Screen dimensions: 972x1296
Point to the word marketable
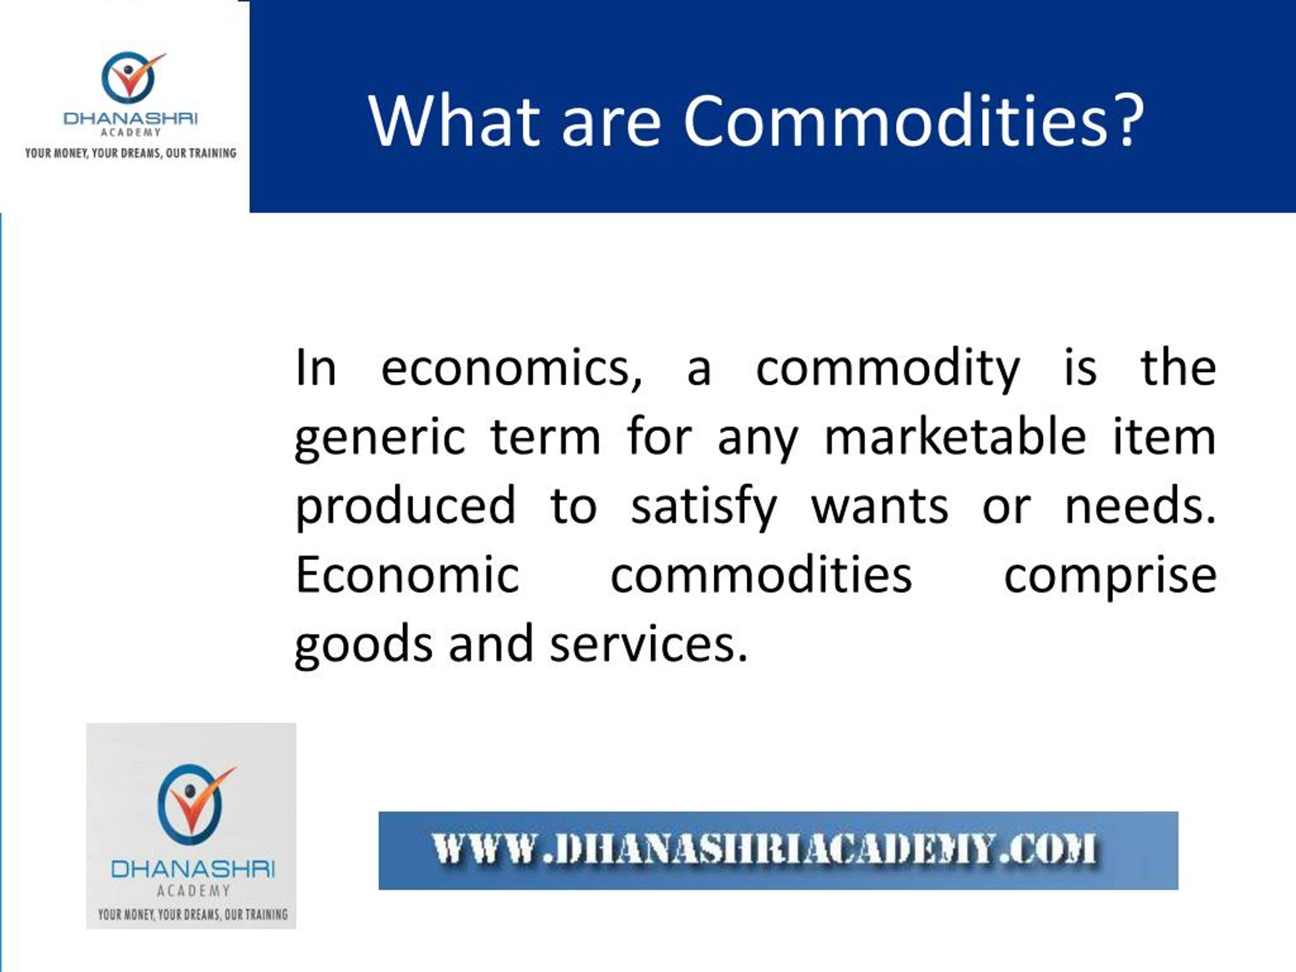[955, 438]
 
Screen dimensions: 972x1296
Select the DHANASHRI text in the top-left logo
[130, 118]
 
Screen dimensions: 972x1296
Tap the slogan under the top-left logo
[130, 153]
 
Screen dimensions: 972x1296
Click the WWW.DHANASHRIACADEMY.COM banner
[778, 850]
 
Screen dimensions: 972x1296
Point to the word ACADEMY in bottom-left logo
[193, 891]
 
